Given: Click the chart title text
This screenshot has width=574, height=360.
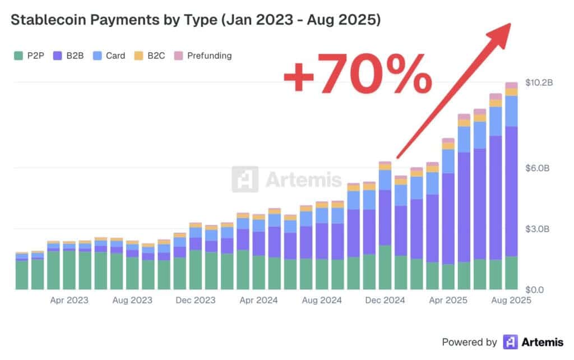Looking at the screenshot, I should [x=196, y=20].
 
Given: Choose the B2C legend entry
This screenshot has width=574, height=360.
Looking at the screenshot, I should [x=150, y=56].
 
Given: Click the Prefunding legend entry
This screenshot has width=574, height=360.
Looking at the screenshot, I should [x=203, y=56].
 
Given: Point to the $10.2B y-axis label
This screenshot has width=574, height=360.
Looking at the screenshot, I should [x=539, y=83].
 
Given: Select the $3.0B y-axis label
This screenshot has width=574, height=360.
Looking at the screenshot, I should [x=539, y=229].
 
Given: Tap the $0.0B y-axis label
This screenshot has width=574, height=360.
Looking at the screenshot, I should [x=539, y=290].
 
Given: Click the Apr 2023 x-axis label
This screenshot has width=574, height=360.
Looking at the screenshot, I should [x=69, y=301].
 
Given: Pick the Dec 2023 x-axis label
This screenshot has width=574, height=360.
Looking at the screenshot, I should [x=195, y=301].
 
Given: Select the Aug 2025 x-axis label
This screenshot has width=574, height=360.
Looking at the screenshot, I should [x=511, y=301].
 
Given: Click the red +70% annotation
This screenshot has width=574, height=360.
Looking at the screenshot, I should [x=357, y=73].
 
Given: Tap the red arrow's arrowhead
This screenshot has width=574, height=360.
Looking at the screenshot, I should [x=501, y=33].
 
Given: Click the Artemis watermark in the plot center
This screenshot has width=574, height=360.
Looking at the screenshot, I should [x=287, y=179].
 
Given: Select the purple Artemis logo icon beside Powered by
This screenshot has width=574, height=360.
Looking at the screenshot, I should [x=510, y=341].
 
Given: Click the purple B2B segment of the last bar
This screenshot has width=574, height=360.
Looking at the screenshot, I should [x=511, y=191].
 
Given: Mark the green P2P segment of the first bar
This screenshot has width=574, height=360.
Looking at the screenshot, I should [x=21, y=275].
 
